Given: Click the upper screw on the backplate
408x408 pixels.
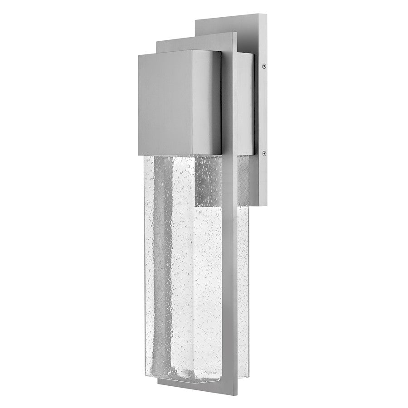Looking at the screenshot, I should coord(263,66).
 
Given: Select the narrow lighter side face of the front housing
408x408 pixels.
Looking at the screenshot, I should coord(214,102).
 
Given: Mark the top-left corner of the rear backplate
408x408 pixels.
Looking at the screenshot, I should coord(196,19).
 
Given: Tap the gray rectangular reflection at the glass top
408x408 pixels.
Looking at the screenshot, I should coord(209,181).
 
